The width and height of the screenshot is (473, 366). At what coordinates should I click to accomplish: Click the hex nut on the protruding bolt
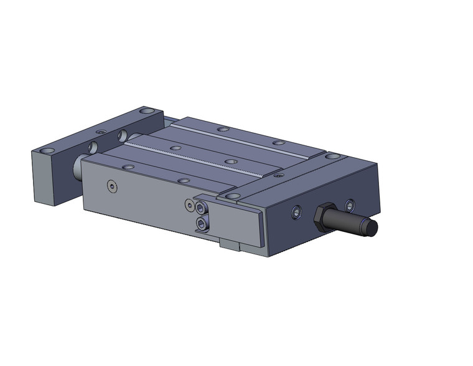(325, 217)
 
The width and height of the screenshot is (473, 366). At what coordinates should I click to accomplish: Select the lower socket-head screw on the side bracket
(200, 224)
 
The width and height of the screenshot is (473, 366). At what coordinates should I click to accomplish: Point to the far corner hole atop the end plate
(146, 111)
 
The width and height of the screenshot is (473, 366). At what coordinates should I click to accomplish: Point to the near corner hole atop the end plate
(47, 152)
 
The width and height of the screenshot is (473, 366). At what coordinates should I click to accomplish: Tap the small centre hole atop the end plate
(101, 132)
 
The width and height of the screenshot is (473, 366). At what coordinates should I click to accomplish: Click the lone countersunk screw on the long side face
(111, 186)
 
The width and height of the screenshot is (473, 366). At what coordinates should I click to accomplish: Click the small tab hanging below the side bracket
(230, 244)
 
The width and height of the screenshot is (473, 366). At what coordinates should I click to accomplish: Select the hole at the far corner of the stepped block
(333, 155)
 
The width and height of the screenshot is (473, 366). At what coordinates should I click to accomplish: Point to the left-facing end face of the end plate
(43, 181)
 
